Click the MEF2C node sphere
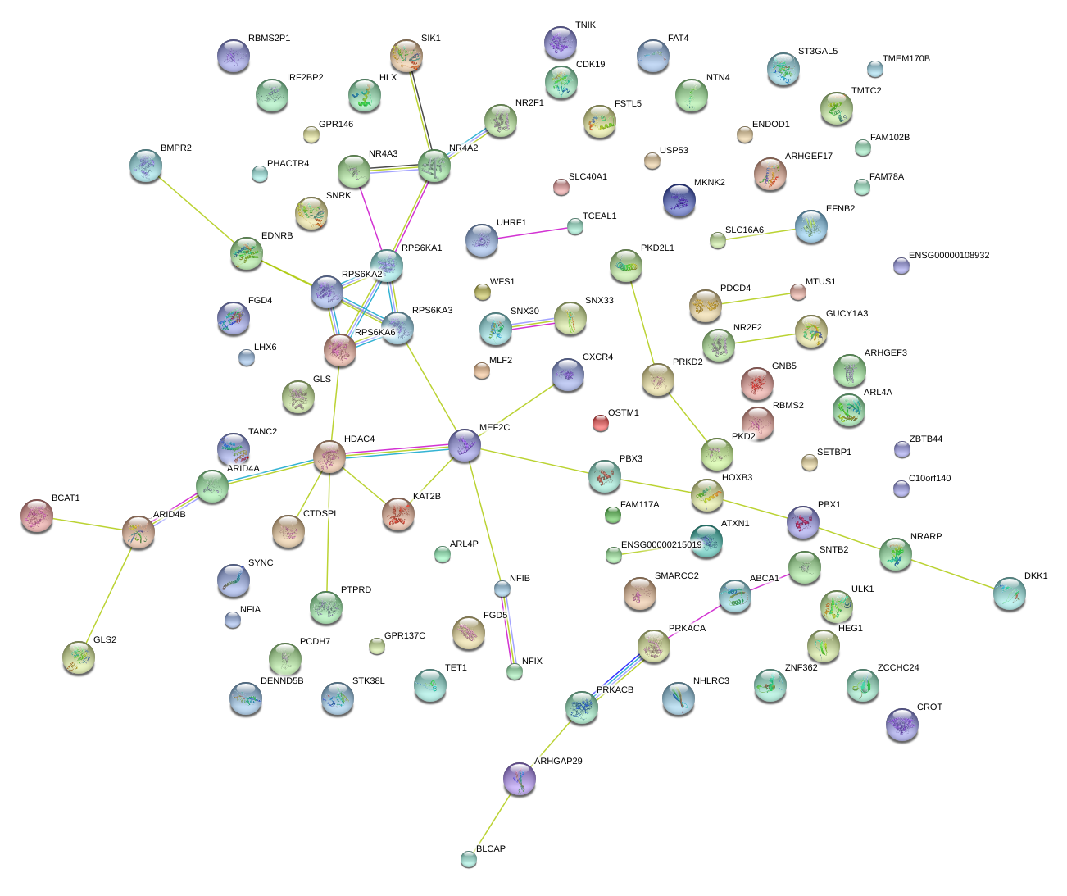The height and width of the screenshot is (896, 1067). click(x=465, y=445)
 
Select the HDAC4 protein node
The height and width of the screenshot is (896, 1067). click(x=329, y=457)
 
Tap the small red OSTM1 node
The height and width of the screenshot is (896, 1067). click(x=601, y=423)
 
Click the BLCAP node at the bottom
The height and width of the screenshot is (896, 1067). click(x=469, y=858)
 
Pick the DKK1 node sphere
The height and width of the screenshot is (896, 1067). click(x=1009, y=594)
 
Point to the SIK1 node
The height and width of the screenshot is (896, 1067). click(x=406, y=56)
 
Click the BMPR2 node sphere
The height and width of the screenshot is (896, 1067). click(x=146, y=166)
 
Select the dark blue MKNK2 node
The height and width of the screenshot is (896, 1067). click(x=679, y=200)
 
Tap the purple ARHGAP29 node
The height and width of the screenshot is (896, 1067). click(x=519, y=779)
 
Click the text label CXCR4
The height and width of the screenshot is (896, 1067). click(x=597, y=357)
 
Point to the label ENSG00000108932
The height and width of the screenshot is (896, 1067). click(x=949, y=256)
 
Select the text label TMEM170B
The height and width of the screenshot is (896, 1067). click(x=906, y=59)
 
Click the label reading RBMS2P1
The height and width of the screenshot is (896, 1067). click(x=269, y=39)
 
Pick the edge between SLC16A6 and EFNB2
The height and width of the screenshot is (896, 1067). click(x=756, y=234)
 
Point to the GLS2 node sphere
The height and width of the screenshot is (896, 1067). click(x=79, y=657)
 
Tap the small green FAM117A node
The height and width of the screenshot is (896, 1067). click(x=612, y=515)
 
